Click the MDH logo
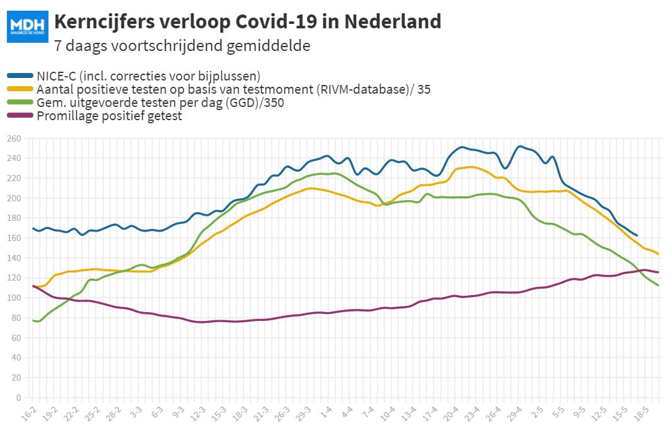(27, 26)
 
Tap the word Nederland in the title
(393, 21)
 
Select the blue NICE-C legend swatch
(20, 76)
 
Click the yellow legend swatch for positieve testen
(20, 89)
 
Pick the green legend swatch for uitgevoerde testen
(20, 102)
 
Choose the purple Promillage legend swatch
(20, 115)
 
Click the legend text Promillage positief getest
(109, 116)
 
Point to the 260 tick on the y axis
(14, 138)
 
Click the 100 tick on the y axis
(14, 298)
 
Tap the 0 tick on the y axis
(18, 398)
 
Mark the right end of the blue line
(637, 235)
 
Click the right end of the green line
(658, 285)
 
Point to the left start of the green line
(33, 320)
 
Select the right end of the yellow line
(658, 254)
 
